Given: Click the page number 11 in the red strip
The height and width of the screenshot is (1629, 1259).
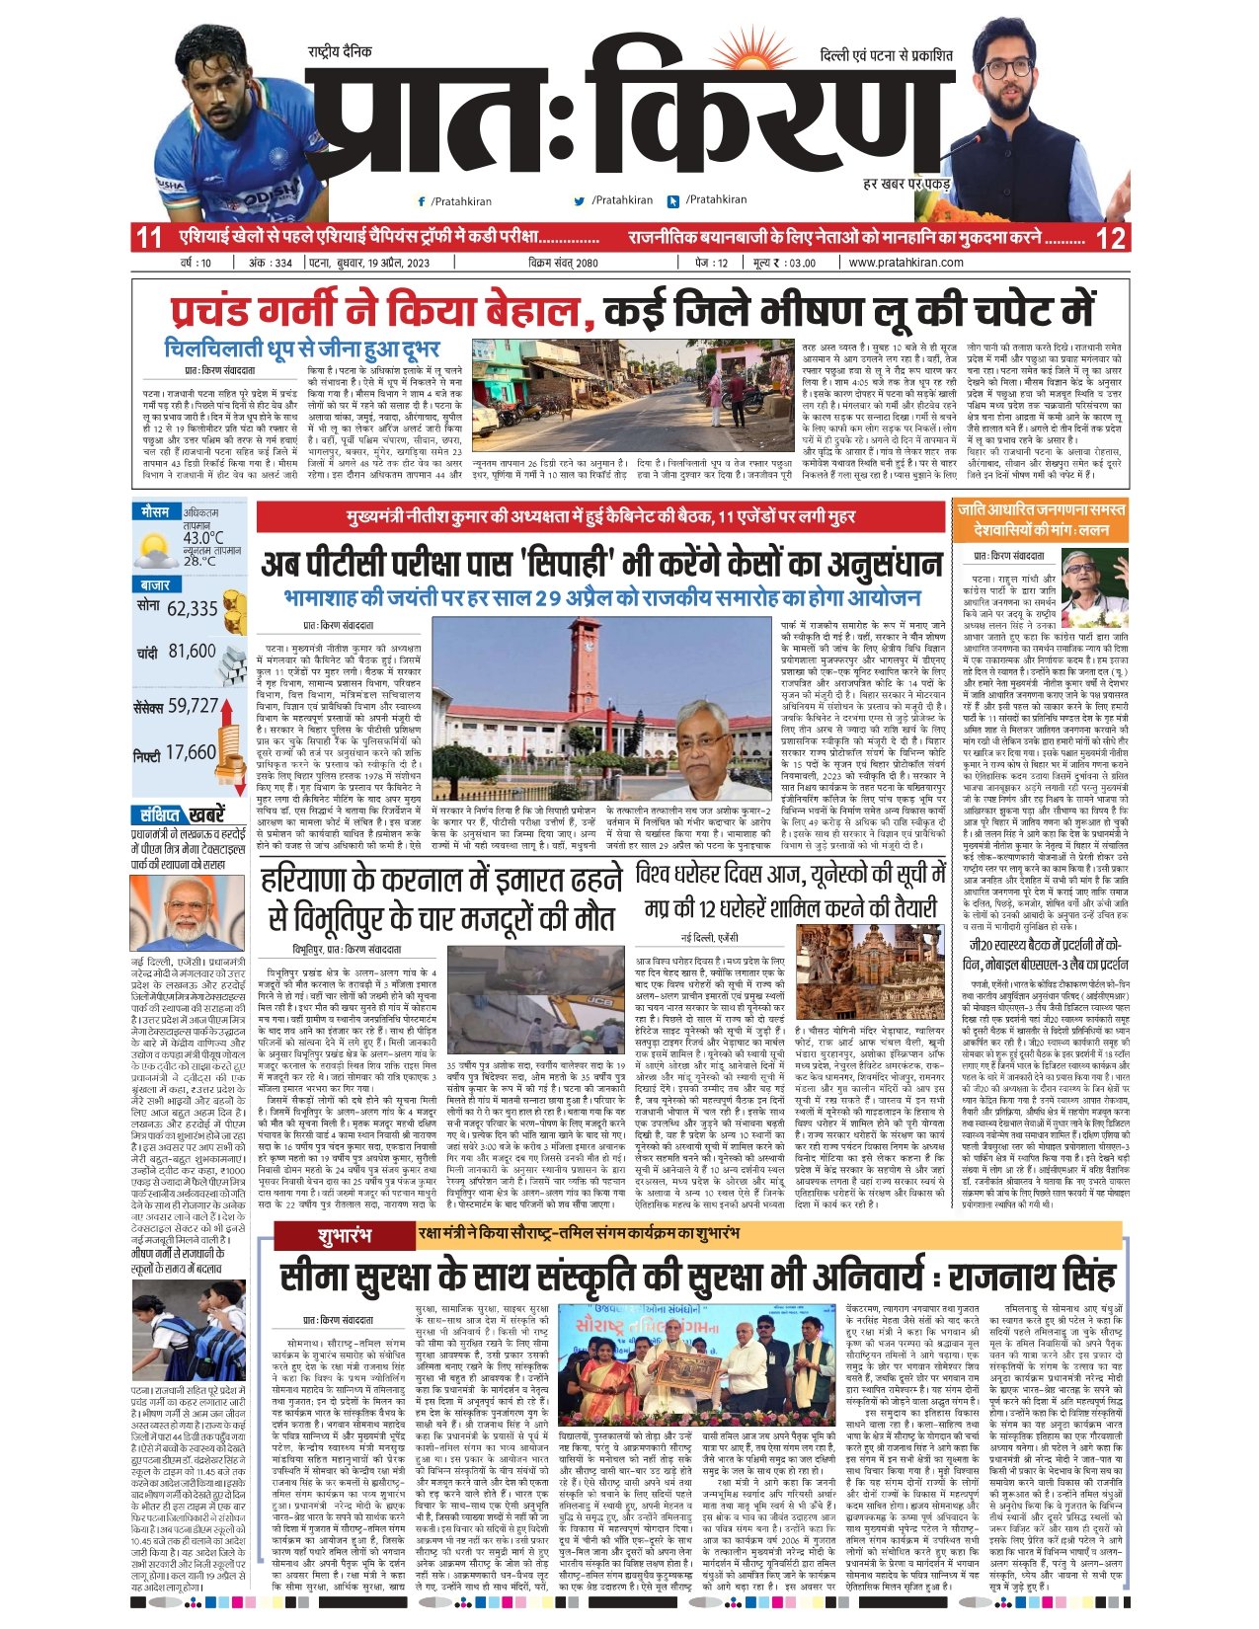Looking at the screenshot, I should (149, 238).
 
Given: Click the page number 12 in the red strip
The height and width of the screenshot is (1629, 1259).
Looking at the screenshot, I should (1110, 238).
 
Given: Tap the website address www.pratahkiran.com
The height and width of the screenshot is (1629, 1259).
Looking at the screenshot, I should (905, 263).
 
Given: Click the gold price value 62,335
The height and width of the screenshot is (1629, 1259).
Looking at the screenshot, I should (192, 609).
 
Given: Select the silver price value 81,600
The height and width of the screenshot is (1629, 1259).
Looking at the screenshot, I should (192, 652).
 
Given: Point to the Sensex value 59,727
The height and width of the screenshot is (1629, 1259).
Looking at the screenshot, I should (193, 706).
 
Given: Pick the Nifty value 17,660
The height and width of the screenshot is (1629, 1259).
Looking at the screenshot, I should (191, 752).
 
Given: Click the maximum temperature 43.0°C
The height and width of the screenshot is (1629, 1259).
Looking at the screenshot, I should (202, 538).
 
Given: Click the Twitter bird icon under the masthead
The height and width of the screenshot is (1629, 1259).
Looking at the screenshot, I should (580, 200).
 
